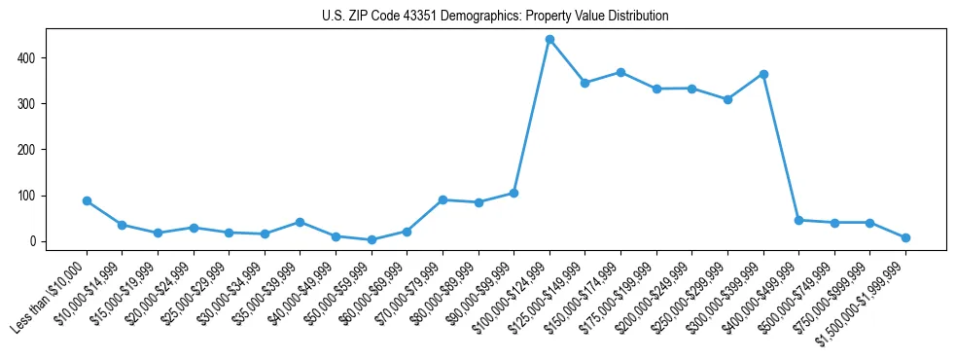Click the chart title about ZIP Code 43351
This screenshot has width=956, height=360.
coord(495,17)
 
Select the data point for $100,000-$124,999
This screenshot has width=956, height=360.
coord(549,40)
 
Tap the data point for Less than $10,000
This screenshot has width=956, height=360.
coord(87,201)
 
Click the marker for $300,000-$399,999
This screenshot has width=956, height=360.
coord(763,74)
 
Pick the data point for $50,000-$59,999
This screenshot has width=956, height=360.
coord(372,239)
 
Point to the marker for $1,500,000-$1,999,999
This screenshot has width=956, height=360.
coord(905,237)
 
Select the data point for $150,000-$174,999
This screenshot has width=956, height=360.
coord(620,73)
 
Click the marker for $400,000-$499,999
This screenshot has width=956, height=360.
coord(798,220)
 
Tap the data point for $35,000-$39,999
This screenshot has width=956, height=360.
coord(301,222)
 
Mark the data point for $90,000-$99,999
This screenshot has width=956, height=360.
coord(513,193)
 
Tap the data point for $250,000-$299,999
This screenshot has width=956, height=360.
coord(727,99)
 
